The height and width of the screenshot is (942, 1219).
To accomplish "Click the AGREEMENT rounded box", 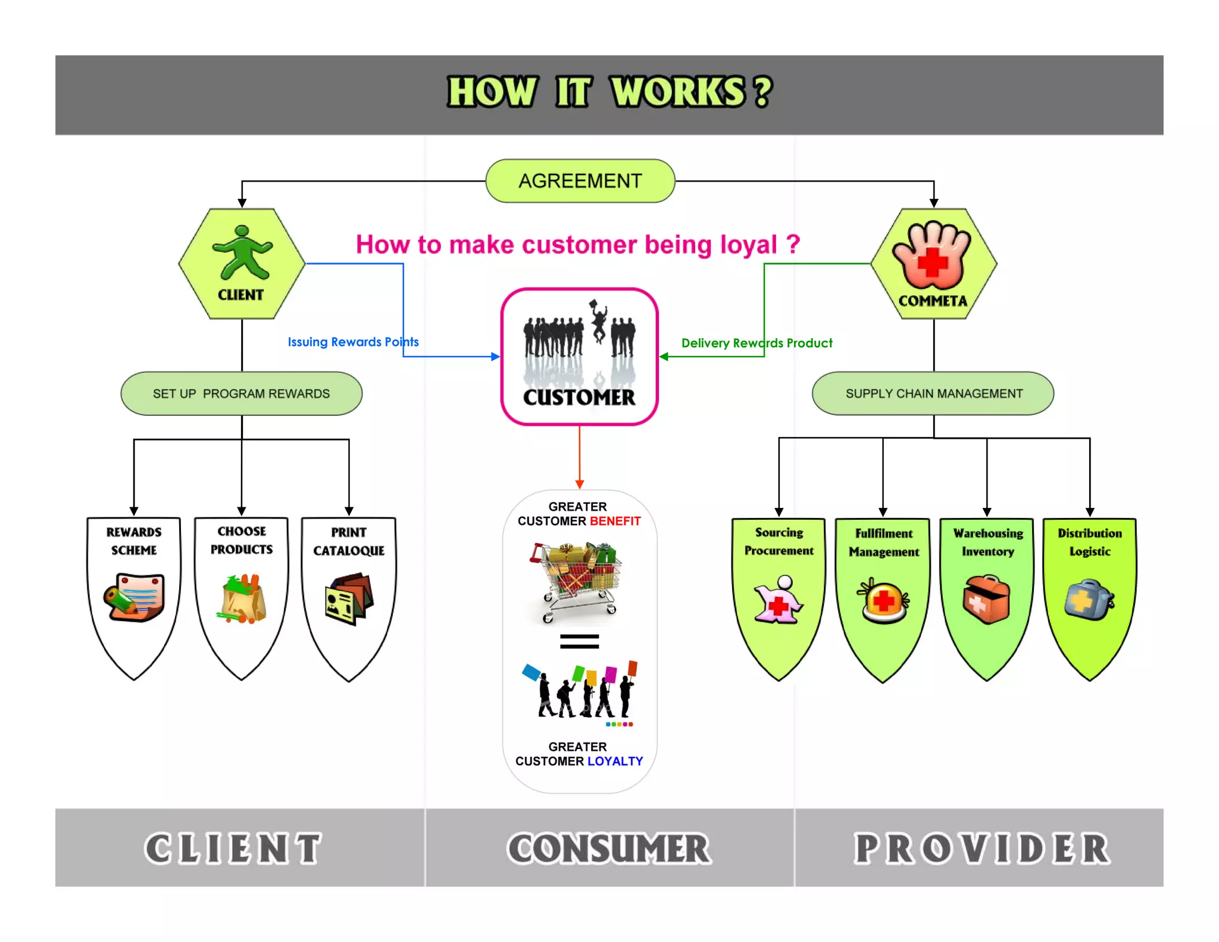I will point(580,181).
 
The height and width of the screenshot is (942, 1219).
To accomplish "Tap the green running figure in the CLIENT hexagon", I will point(242,253).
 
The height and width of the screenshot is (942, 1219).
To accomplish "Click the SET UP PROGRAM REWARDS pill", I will point(241,394).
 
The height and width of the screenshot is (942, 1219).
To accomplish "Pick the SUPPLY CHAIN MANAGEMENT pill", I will point(933,394).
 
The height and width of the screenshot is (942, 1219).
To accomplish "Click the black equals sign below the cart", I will point(579,641).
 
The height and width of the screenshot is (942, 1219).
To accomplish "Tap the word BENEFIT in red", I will point(615,522).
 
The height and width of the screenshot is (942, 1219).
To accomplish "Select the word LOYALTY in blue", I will point(615,762).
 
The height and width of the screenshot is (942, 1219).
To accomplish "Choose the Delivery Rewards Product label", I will point(757,344).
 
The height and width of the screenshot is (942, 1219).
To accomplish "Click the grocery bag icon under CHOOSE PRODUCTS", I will point(242,598).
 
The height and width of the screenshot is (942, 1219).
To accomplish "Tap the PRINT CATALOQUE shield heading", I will point(349,541).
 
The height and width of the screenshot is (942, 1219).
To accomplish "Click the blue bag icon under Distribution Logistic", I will point(1089,600).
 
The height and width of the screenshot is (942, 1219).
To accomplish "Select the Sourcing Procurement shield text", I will point(779,541).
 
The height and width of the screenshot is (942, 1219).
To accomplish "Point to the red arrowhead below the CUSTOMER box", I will point(579,485).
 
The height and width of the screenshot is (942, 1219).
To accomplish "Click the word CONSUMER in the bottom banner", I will point(609,849).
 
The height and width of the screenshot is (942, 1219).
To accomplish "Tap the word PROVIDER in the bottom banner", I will point(982,849).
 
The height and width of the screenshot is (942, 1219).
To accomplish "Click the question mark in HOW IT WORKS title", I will point(762,92).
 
